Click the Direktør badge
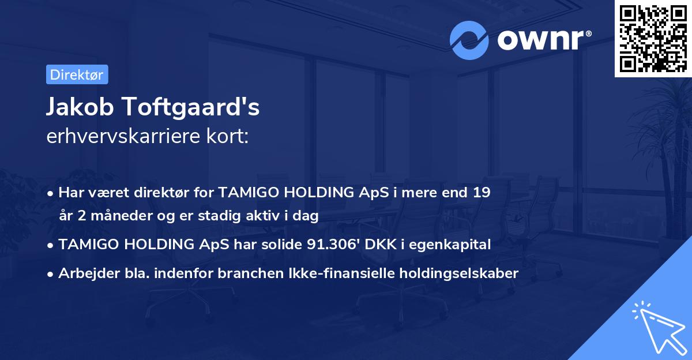click(77, 74)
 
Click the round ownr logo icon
click(469, 40)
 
